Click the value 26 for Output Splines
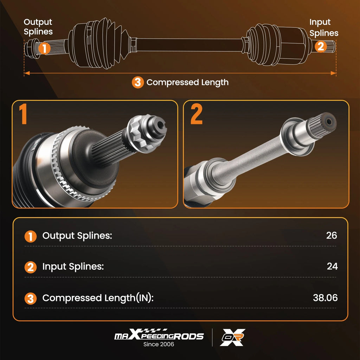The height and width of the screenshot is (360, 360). (332, 235)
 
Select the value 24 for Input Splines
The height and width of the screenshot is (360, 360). (332, 266)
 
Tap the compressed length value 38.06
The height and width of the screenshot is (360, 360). (325, 298)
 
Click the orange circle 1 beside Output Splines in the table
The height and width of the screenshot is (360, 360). (31, 237)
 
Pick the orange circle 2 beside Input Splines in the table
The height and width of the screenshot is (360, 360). (31, 267)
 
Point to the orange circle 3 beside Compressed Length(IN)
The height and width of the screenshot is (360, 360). (31, 298)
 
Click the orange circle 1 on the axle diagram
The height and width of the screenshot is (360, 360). (44, 48)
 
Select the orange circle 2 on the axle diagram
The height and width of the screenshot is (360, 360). (321, 46)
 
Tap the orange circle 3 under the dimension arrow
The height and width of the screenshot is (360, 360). (138, 82)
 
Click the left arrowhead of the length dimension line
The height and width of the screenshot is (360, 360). (27, 73)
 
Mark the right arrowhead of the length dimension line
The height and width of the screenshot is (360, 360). (333, 73)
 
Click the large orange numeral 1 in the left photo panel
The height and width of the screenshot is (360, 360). (23, 114)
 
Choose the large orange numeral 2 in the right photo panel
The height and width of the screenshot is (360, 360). (197, 114)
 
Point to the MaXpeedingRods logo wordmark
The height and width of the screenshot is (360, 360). (159, 335)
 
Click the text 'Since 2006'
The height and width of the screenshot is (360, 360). (159, 344)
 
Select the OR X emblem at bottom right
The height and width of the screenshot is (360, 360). (233, 337)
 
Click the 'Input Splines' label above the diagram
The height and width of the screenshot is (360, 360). (324, 27)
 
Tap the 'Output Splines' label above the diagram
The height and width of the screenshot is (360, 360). (38, 27)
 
